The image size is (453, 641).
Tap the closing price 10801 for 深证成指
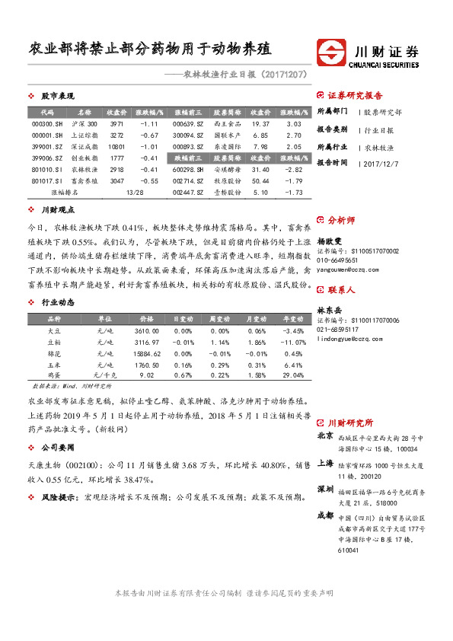click(116, 146)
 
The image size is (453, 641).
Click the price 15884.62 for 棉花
click(145, 354)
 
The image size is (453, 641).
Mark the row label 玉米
click(54, 365)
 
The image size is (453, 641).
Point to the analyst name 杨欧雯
click(329, 240)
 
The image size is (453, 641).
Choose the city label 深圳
click(324, 489)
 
